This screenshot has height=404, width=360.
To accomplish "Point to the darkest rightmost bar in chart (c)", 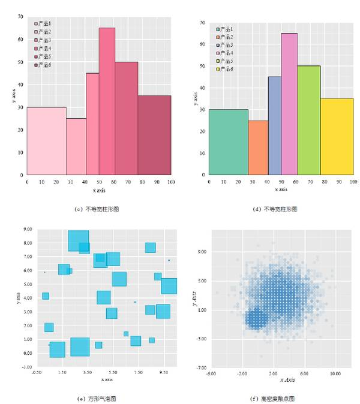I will click(154, 135).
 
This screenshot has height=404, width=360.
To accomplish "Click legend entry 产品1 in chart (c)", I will click(43, 24).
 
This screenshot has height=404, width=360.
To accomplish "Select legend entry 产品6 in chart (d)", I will click(226, 70).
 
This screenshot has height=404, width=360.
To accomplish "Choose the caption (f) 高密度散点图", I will click(276, 399).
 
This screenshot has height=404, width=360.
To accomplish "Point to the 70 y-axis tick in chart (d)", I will click(202, 22).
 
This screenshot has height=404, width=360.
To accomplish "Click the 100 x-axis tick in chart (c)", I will click(171, 182).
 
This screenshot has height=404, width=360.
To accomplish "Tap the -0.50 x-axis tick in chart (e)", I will click(37, 373).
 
